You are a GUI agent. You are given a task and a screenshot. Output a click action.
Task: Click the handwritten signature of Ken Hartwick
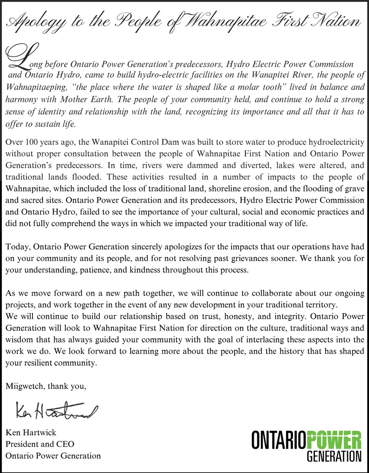pyautogui.click(x=55, y=409)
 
